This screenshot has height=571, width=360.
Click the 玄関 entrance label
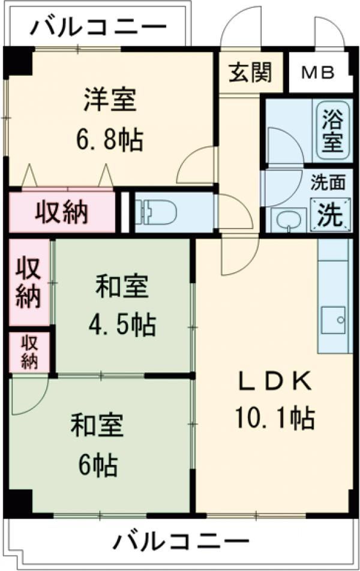pyautogui.click(x=250, y=73)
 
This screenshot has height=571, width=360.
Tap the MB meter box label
pyautogui.click(x=319, y=73)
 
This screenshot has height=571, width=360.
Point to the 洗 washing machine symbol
pyautogui.click(x=329, y=215)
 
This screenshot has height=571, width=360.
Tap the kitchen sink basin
pyautogui.click(x=333, y=320)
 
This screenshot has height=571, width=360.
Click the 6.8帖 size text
pyautogui.click(x=109, y=141)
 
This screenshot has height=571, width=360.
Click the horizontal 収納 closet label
pyautogui.click(x=62, y=211)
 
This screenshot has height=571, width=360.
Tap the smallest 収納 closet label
pyautogui.click(x=29, y=352)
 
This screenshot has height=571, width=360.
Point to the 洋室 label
pyautogui.click(x=110, y=100)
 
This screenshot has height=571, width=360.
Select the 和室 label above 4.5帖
pyautogui.click(x=122, y=287)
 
